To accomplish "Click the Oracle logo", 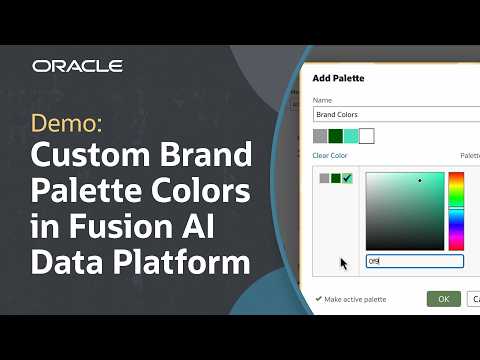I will [77, 66].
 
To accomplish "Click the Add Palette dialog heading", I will [338, 77].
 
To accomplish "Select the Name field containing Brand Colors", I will [395, 115].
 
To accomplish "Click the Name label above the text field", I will [322, 100].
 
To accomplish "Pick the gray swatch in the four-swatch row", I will [320, 136].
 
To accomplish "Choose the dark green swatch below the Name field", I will [335, 136].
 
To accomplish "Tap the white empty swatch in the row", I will [366, 136].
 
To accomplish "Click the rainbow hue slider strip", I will [456, 210].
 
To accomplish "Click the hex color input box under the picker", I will [413, 261].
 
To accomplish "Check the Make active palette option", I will [319, 298].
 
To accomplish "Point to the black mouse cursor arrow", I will [343, 264].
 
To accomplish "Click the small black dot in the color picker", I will [420, 181].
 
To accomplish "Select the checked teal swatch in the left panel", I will [347, 178].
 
